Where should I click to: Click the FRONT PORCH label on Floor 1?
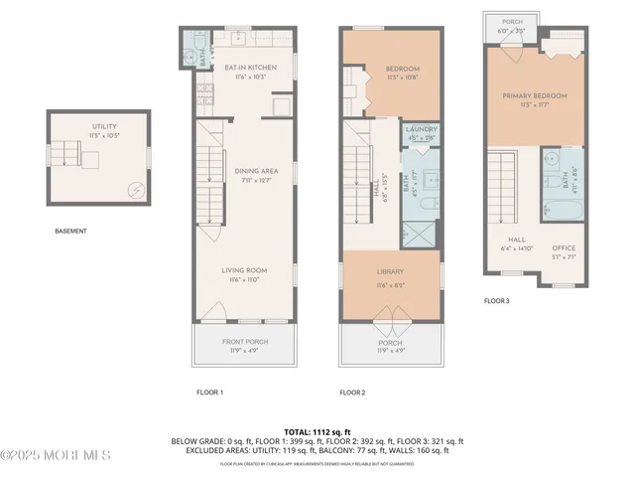point(244,343)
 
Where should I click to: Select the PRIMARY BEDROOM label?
point(534,95)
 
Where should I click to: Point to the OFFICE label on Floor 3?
point(564,247)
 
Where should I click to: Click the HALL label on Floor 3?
point(516,239)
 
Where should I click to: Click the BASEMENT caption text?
point(70,232)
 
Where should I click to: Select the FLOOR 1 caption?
point(209,393)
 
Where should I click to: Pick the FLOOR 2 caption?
point(352,393)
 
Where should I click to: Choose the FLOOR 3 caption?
point(496,300)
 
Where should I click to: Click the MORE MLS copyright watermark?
point(56,455)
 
